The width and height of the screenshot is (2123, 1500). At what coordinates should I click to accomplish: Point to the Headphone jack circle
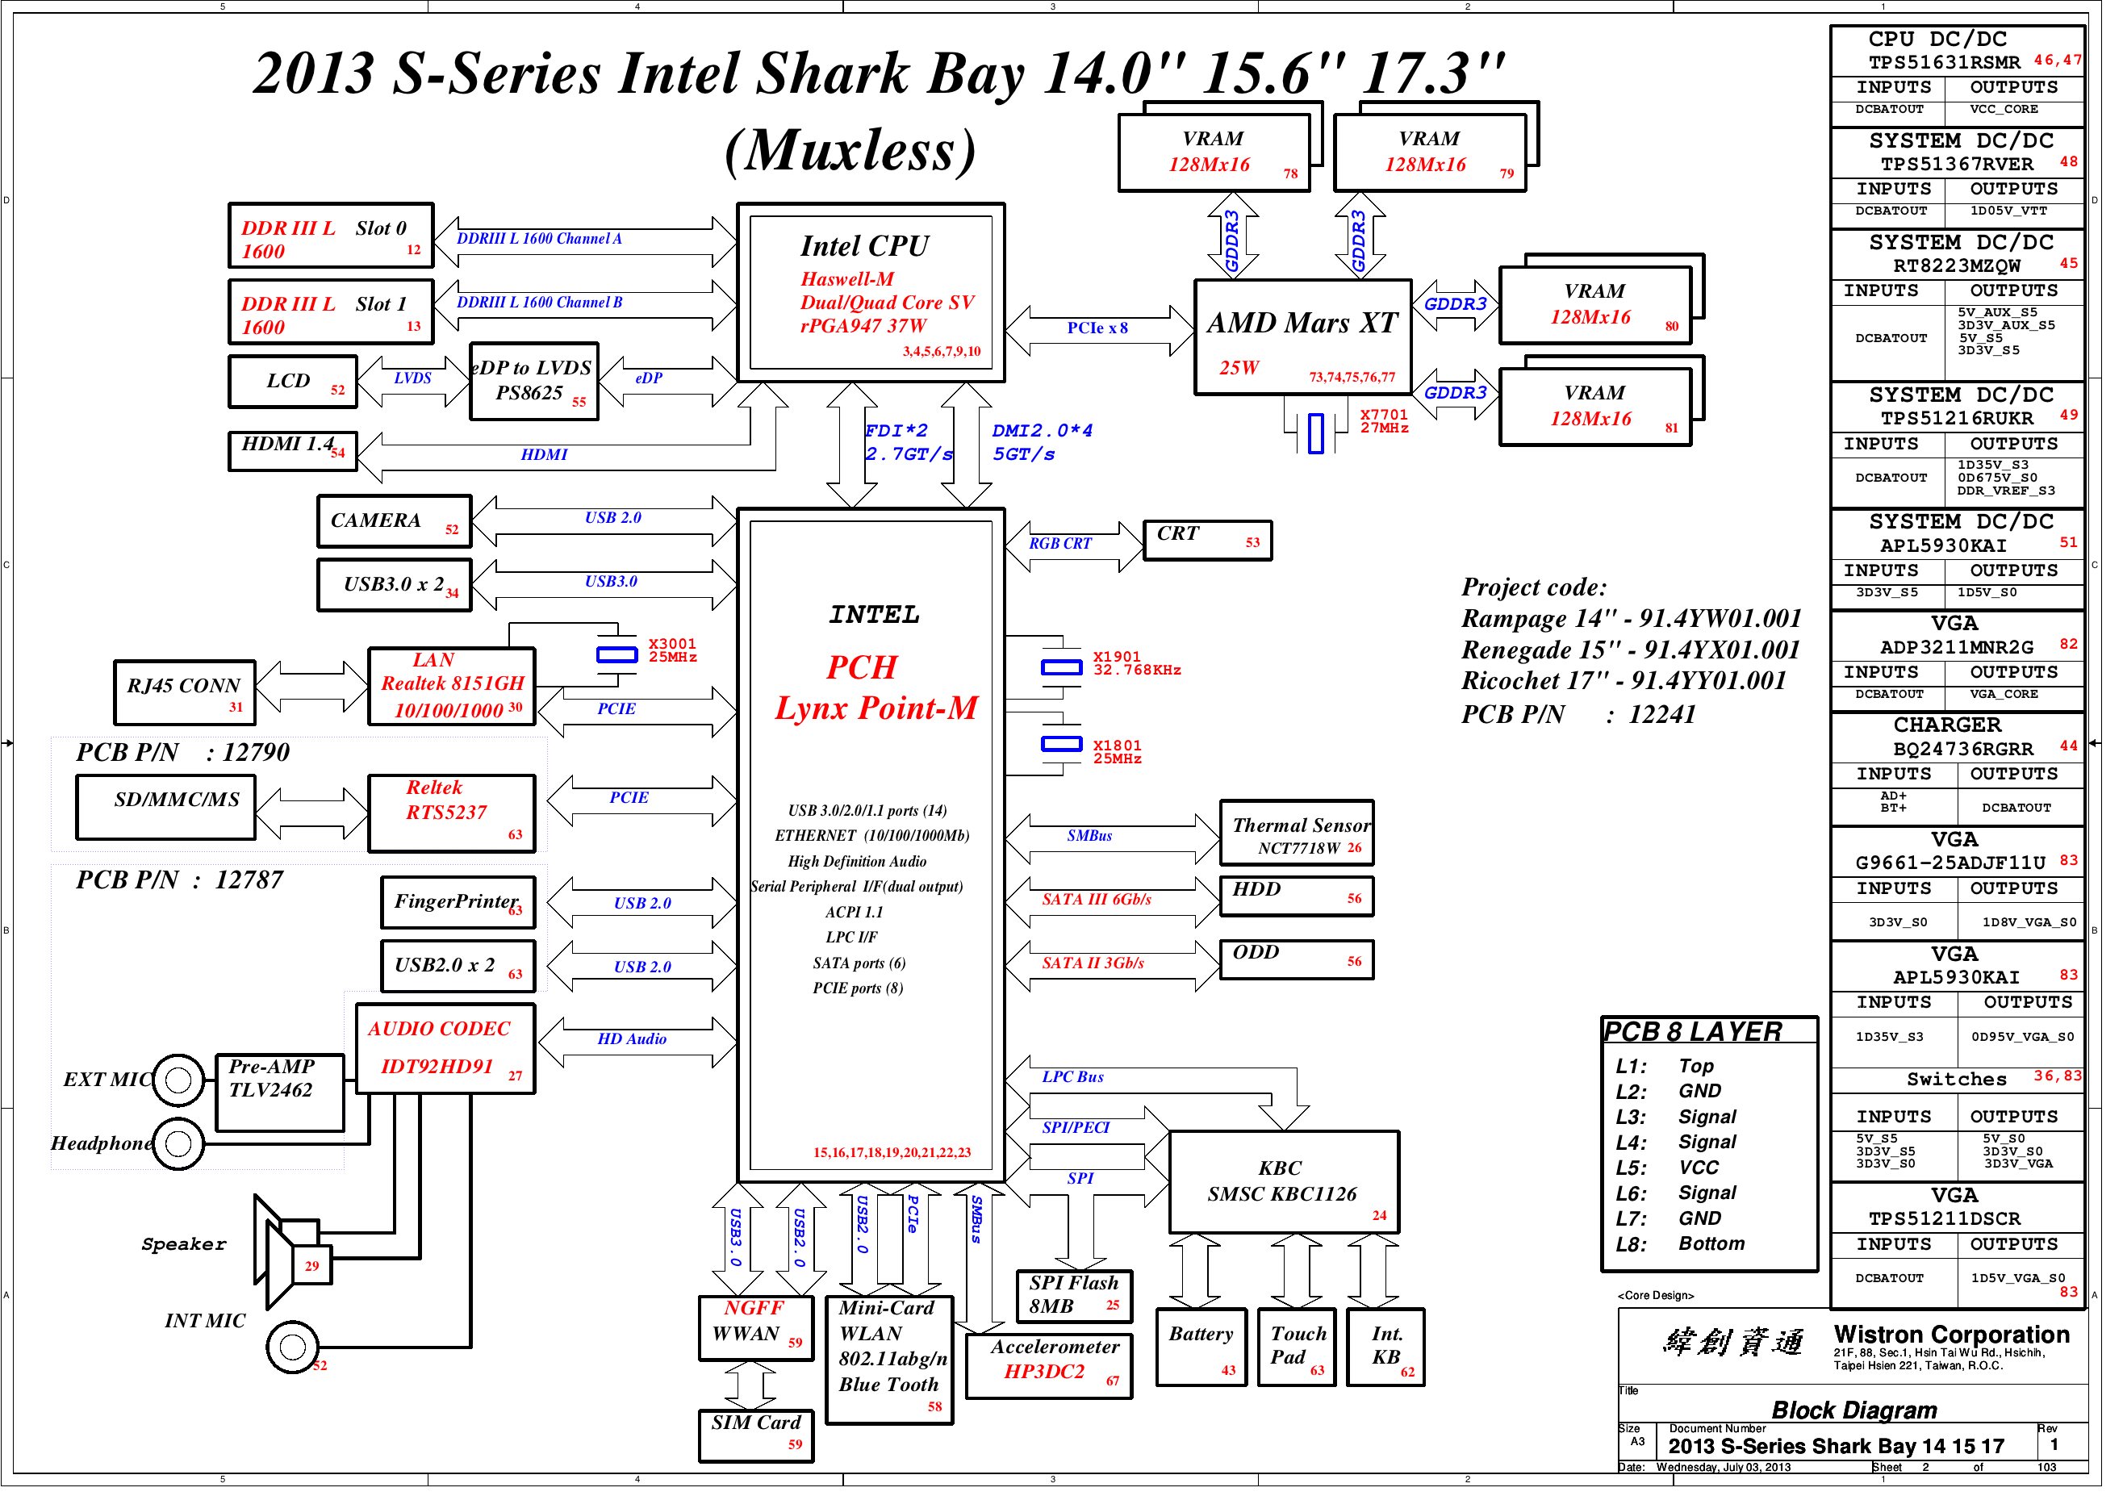(x=179, y=1154)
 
